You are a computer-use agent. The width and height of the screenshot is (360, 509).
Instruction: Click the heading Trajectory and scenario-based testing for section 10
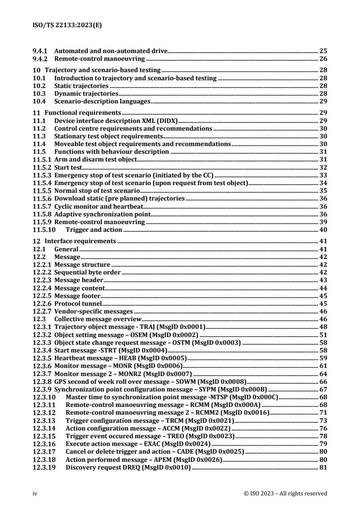point(102,70)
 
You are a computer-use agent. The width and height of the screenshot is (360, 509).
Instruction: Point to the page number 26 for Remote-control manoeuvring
point(323,59)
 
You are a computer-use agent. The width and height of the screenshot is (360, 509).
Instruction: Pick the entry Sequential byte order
point(88,272)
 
